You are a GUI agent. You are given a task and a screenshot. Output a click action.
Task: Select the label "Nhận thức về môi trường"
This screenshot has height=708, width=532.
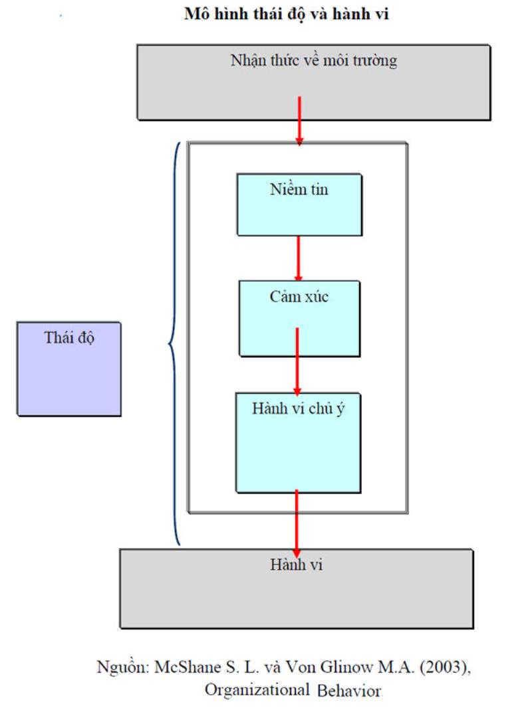pyautogui.click(x=313, y=62)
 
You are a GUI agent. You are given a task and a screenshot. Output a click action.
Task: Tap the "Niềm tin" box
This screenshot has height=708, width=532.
pyautogui.click(x=299, y=205)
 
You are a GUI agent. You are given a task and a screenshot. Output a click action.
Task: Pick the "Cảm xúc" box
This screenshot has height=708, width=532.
pyautogui.click(x=299, y=317)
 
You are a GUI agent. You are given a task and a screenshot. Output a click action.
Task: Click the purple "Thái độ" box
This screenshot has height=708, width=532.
pyautogui.click(x=69, y=369)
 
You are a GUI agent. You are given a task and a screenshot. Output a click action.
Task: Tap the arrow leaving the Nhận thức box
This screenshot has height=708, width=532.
pyautogui.click(x=299, y=120)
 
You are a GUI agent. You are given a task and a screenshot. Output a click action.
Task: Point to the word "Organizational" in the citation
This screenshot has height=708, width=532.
pyautogui.click(x=257, y=688)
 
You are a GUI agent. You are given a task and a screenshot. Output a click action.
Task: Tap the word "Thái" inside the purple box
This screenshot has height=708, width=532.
pyautogui.click(x=57, y=336)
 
